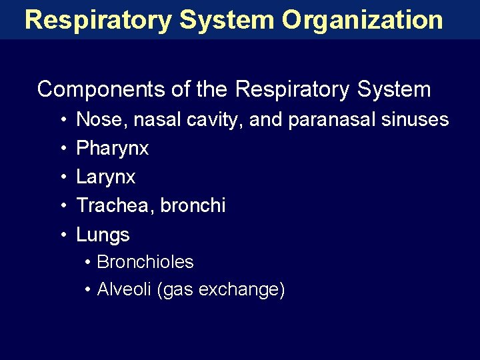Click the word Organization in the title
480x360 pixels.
(x=362, y=20)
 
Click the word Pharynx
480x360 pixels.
(x=113, y=149)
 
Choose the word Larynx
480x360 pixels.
(x=106, y=177)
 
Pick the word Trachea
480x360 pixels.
(x=114, y=206)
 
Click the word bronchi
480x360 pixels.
(x=193, y=206)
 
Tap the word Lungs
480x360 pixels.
(x=103, y=235)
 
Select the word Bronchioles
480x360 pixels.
(x=145, y=263)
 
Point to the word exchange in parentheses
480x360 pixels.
(x=242, y=290)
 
